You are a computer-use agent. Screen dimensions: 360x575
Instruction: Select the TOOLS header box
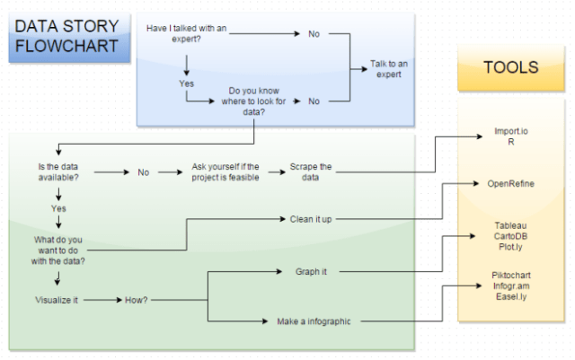pyautogui.click(x=510, y=67)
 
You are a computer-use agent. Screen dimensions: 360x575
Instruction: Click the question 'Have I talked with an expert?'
pyautogui.click(x=186, y=34)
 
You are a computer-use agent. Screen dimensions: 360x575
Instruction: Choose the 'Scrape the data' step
pyautogui.click(x=310, y=172)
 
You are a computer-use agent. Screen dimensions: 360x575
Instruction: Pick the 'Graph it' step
pyautogui.click(x=311, y=270)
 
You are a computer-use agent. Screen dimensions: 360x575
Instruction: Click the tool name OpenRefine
pyautogui.click(x=510, y=183)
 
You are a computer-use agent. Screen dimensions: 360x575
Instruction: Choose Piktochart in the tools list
pyautogui.click(x=510, y=276)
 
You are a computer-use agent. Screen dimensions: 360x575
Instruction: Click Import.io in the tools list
pyautogui.click(x=510, y=131)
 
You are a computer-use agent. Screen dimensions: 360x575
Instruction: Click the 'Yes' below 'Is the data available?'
pyautogui.click(x=59, y=207)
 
